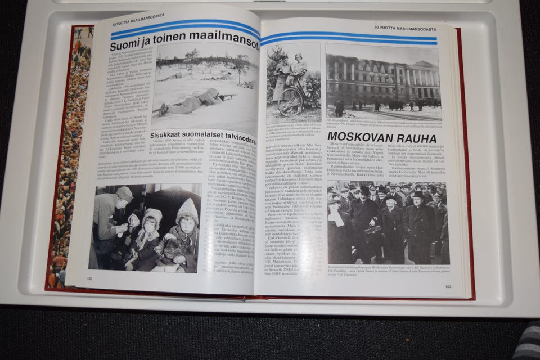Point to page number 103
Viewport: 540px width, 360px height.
pyautogui.click(x=448, y=287)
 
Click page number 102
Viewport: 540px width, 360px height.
pyautogui.click(x=89, y=278)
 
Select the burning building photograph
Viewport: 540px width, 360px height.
pyautogui.click(x=382, y=82)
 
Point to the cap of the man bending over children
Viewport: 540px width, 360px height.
pyautogui.click(x=124, y=193)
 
